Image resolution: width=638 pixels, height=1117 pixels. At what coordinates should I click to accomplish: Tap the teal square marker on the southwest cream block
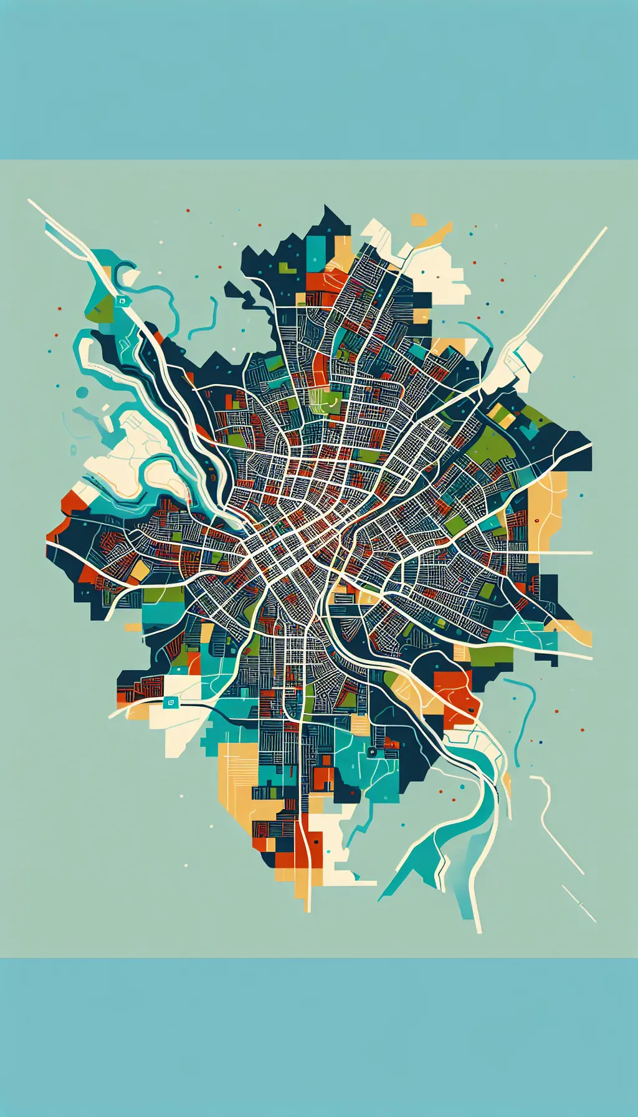coord(170,702)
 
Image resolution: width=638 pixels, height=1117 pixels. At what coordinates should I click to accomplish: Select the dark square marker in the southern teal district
coord(372,752)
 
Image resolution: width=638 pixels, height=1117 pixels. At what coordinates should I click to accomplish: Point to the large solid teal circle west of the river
coord(82,392)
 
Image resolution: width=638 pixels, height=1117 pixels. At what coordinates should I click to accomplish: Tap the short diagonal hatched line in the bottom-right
coord(579,904)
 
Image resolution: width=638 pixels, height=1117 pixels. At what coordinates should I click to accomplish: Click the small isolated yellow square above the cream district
coord(419,220)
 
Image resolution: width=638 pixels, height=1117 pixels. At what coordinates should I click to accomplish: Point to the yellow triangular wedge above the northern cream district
coord(436,236)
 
